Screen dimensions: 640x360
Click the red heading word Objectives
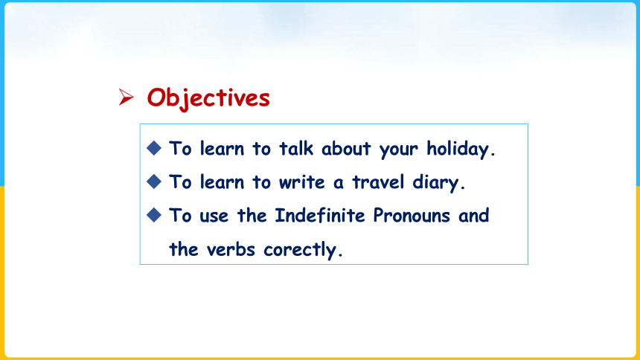click(x=208, y=98)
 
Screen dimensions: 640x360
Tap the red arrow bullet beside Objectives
click(x=126, y=97)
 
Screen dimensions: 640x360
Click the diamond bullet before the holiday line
click(x=154, y=148)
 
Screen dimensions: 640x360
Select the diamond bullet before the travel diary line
click(x=154, y=181)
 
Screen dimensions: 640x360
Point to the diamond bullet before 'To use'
click(x=154, y=215)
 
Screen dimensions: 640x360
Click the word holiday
click(x=461, y=149)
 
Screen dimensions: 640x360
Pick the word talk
click(x=296, y=148)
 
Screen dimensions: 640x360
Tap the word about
click(x=346, y=149)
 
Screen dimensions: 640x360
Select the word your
click(x=398, y=150)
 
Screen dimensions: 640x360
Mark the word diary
click(x=438, y=183)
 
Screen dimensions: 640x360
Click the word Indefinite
click(x=319, y=216)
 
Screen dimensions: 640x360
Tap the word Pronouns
click(x=412, y=216)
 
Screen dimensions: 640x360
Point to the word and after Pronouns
click(x=473, y=216)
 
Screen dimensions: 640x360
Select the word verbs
click(x=231, y=249)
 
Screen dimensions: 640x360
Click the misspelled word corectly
click(x=303, y=250)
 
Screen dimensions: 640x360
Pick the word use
click(x=214, y=216)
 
